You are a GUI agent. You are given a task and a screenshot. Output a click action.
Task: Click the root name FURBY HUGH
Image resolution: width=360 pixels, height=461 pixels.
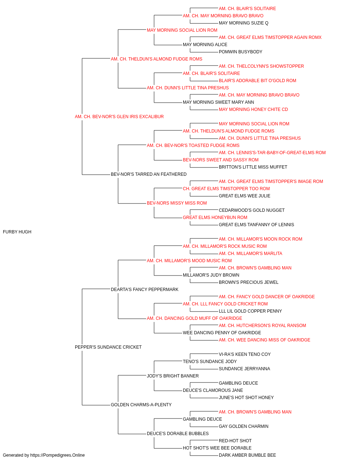click(17, 232)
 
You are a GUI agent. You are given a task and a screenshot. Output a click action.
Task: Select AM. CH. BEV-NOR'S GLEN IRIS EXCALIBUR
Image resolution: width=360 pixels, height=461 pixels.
click(119, 117)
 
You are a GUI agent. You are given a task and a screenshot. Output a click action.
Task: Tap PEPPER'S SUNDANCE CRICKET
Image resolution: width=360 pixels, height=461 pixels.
click(108, 347)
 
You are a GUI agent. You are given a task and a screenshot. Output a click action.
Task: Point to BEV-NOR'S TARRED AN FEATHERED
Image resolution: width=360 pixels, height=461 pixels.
click(149, 174)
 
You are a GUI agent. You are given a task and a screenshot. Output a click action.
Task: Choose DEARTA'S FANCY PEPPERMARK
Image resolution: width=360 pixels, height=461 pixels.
click(145, 290)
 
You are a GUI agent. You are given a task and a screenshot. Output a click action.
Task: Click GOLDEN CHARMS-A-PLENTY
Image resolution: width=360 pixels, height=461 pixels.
click(141, 405)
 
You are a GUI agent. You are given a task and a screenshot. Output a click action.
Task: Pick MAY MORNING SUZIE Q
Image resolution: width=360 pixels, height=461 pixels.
click(244, 23)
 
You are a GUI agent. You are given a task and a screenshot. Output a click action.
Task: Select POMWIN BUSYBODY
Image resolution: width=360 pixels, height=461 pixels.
click(240, 52)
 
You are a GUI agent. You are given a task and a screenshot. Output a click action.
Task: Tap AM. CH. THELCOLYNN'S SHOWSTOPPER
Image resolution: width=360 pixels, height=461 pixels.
click(261, 66)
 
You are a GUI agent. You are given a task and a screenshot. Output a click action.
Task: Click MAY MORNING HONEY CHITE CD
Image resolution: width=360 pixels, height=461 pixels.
click(253, 109)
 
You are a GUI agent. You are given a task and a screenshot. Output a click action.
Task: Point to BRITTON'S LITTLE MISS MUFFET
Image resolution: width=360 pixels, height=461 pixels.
click(253, 167)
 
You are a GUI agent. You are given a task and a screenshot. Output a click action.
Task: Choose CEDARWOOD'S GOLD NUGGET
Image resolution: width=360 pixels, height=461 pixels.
click(252, 210)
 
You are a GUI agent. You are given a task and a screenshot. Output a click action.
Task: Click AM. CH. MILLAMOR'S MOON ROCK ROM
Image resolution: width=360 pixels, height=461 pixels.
click(261, 239)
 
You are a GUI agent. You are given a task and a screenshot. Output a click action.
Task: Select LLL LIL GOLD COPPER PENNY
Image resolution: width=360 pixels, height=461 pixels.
click(251, 311)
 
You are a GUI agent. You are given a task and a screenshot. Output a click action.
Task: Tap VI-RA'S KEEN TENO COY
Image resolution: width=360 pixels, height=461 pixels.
click(245, 354)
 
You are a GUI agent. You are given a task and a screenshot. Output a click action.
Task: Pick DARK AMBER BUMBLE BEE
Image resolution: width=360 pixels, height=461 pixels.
click(247, 455)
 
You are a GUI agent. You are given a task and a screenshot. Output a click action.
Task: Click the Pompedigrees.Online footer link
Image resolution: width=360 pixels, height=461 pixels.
click(57, 455)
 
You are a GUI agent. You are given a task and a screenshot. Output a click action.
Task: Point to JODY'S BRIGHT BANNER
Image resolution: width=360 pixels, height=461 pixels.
click(173, 376)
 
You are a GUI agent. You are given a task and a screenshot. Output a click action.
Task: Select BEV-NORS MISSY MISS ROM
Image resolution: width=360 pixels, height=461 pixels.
click(177, 203)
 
